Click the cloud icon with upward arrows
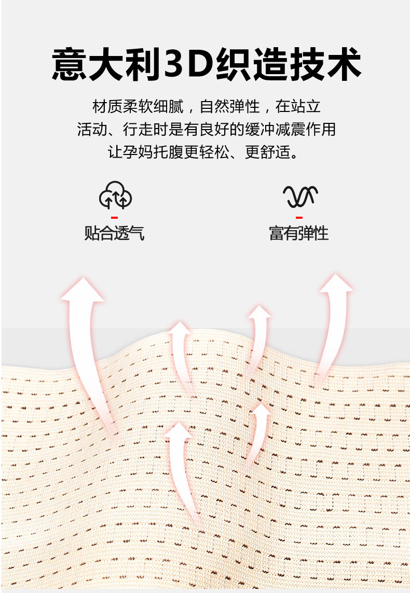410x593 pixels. click(115, 195)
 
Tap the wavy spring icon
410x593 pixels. click(299, 196)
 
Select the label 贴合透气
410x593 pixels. click(114, 233)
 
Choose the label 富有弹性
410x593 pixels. click(299, 233)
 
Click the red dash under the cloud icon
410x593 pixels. click(115, 218)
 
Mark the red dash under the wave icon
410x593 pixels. click(299, 218)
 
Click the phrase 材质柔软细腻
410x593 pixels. click(138, 107)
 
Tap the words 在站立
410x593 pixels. click(298, 107)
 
